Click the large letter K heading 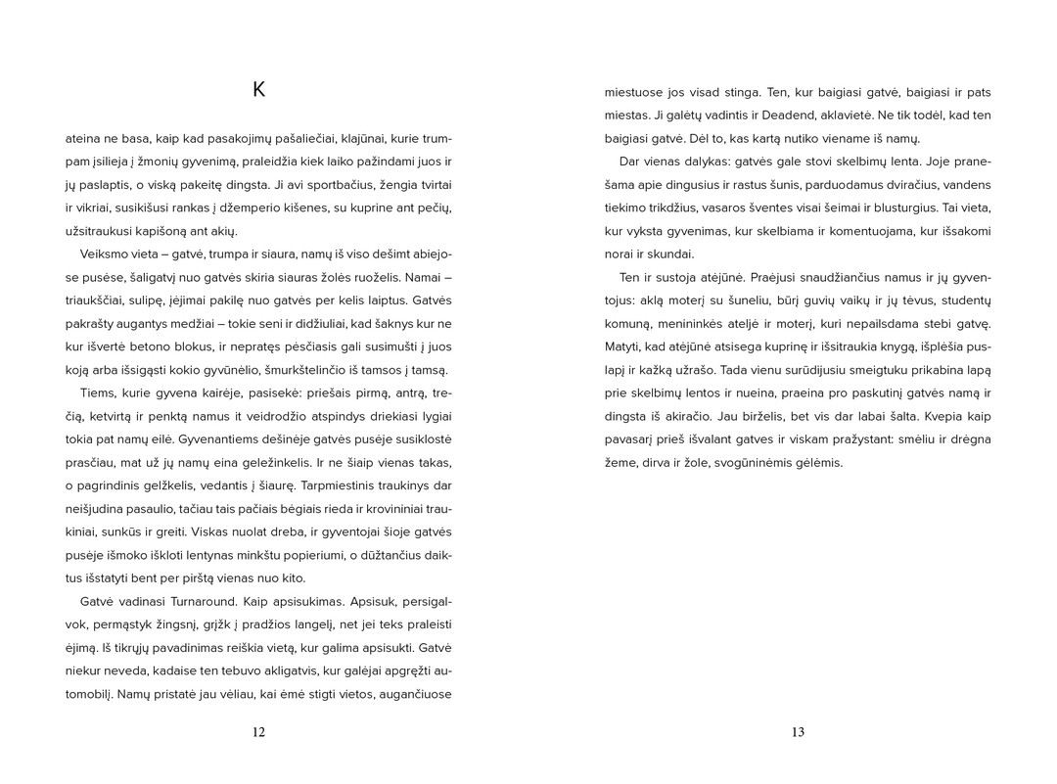[258, 91]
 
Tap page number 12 [258, 732]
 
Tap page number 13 [798, 732]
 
